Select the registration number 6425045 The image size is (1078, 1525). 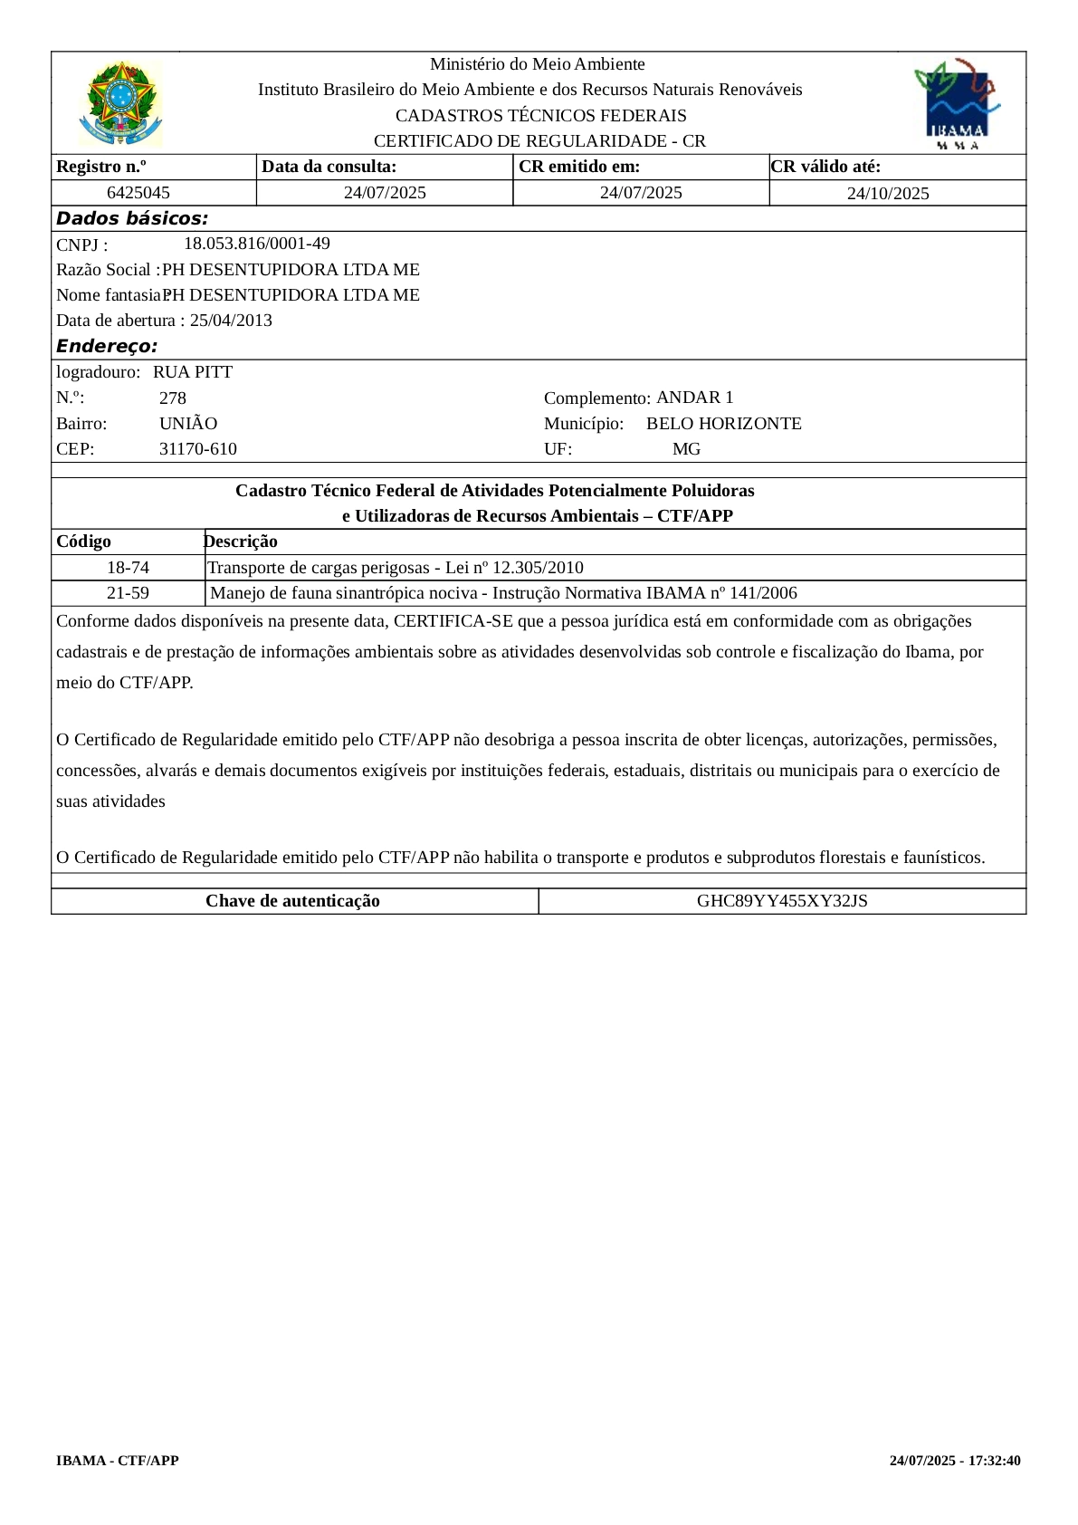[138, 193]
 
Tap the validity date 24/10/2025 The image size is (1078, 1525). [887, 194]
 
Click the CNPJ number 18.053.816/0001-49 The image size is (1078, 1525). [257, 244]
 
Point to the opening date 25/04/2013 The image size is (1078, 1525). [231, 321]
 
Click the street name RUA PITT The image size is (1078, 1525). [193, 372]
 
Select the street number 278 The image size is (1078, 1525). [173, 398]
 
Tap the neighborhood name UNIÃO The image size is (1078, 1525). [188, 424]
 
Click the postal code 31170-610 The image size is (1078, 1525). [198, 449]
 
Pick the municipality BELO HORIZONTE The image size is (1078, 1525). [723, 424]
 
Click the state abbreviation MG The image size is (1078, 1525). [686, 449]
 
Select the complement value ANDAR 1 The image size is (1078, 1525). [694, 398]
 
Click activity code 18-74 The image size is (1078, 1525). [128, 568]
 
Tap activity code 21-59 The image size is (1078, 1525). [128, 593]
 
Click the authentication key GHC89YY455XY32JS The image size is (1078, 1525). [782, 901]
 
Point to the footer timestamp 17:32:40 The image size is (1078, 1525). [995, 1461]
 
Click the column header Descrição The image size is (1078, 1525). [241, 542]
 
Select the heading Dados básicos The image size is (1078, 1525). [132, 218]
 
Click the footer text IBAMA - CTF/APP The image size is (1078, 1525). [118, 1461]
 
